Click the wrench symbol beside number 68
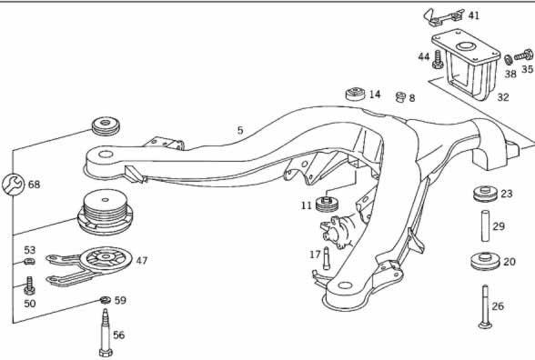(14, 185)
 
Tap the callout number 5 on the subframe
(240, 130)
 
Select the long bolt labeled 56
(106, 333)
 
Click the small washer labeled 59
(106, 300)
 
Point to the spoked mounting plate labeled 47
(90, 265)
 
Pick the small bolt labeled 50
(29, 285)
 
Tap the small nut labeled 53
(29, 262)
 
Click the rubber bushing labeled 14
(356, 95)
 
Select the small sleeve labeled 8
(400, 96)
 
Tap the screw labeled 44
(438, 59)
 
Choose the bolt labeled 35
(524, 55)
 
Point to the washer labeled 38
(508, 60)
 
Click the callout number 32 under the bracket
(503, 97)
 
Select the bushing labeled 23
(485, 194)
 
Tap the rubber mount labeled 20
(484, 262)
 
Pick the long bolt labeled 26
(485, 307)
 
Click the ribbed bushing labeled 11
(327, 205)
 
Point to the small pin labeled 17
(326, 258)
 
